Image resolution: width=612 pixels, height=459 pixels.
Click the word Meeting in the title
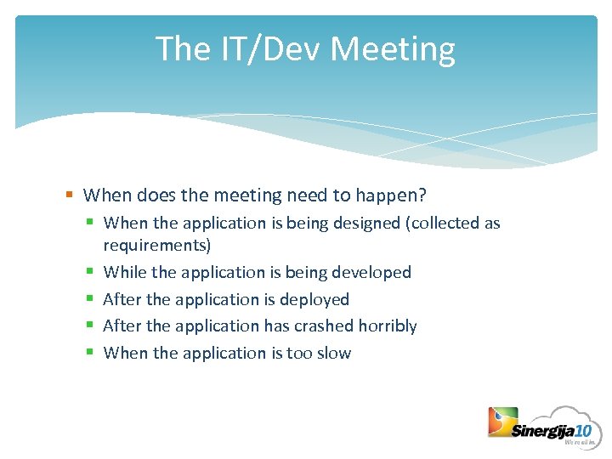pos(393,49)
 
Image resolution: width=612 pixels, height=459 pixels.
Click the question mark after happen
pos(422,195)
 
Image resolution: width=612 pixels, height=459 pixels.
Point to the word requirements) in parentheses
pos(157,246)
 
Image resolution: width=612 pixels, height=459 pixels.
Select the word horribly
pos(388,326)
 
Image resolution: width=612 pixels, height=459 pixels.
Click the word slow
pos(332,354)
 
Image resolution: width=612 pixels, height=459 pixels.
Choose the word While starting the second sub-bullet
pos(123,273)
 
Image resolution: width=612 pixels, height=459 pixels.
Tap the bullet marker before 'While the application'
pos(89,273)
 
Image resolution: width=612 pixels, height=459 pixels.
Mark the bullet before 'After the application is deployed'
pos(89,300)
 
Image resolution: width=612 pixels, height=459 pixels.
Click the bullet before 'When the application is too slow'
pos(89,354)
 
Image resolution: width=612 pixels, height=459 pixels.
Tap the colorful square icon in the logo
pos(502,422)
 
